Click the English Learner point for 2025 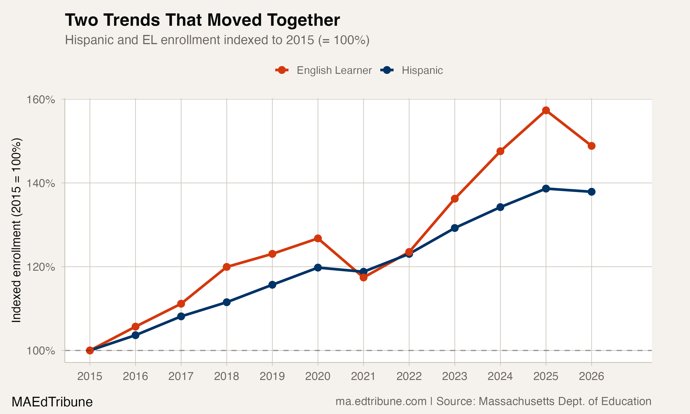(546, 110)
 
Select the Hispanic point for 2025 (546, 189)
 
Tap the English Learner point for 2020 (318, 238)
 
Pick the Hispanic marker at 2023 (455, 228)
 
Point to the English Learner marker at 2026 (591, 146)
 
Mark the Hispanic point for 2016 (135, 335)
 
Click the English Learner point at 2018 (227, 267)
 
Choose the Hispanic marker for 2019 (272, 285)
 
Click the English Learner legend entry (324, 70)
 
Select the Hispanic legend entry (412, 70)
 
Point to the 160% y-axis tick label (41, 100)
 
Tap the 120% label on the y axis (41, 267)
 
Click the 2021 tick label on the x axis (363, 376)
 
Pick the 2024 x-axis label (500, 376)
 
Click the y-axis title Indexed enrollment (16, 230)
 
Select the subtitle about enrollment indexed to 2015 (217, 40)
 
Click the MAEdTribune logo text (52, 402)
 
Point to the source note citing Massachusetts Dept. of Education (493, 401)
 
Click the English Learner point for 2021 (363, 277)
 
